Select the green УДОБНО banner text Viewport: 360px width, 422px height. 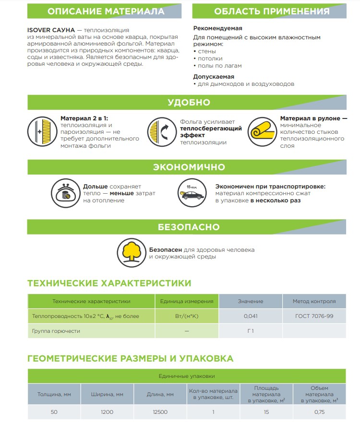coord(189,102)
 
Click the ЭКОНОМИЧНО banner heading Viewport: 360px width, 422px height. coord(189,167)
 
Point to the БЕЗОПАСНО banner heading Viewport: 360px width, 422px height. coord(189,227)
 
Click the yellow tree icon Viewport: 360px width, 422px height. coord(131,250)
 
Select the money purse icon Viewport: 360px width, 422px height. coord(64,193)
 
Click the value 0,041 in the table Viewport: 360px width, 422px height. coord(251,316)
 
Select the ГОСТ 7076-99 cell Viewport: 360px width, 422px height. coord(314,316)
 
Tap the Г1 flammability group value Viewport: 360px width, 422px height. coord(251,331)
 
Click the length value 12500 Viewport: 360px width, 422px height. coord(160,412)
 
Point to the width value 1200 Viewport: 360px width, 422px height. coord(107,412)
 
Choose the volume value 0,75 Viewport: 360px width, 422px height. coord(319,412)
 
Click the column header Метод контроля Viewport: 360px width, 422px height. coord(314,301)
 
